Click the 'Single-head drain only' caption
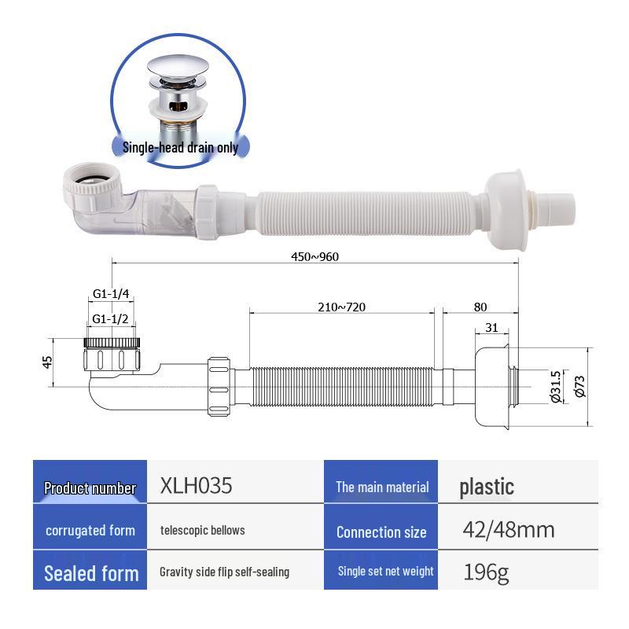tap(180, 147)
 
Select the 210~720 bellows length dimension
tap(342, 307)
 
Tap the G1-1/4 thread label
tap(111, 293)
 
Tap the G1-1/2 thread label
tap(111, 318)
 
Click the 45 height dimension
tap(47, 362)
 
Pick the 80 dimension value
tap(480, 307)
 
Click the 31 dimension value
tap(491, 328)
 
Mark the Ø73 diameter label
tap(579, 384)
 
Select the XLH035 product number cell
tap(196, 486)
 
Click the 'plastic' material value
tap(487, 487)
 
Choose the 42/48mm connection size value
tap(508, 530)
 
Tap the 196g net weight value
tap(487, 572)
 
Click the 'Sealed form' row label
tap(91, 572)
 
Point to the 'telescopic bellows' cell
tap(202, 530)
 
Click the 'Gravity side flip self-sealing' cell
tap(224, 572)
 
